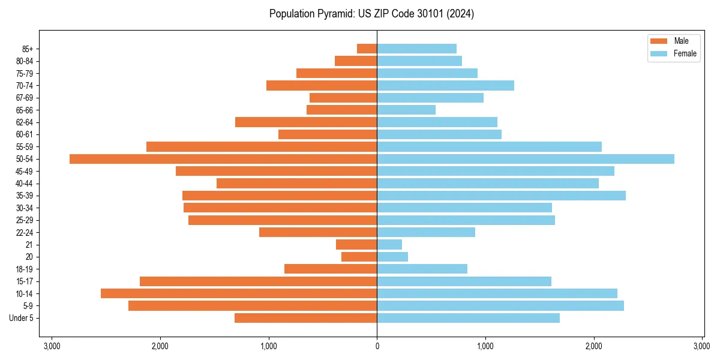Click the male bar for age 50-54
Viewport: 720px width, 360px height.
[223, 159]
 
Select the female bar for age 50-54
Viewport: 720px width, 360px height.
[526, 159]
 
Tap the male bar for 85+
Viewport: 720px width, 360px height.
[367, 49]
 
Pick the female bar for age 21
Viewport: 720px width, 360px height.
[389, 245]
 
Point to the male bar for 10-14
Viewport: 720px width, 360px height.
[239, 293]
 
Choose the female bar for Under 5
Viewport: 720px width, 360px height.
[468, 318]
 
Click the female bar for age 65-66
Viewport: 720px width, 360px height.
[406, 110]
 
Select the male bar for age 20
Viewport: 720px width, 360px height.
[359, 257]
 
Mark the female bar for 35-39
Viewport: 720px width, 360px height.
[501, 196]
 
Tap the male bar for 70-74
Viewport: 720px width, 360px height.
[322, 86]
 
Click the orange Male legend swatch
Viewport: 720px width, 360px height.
[659, 41]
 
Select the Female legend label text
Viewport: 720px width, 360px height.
[685, 53]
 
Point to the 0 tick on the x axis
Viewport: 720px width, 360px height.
[377, 346]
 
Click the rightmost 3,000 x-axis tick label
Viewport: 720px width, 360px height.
[702, 346]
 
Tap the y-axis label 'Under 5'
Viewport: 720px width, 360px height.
[21, 318]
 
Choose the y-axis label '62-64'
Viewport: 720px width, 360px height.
[25, 122]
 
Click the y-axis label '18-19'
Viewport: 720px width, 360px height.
[25, 269]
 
